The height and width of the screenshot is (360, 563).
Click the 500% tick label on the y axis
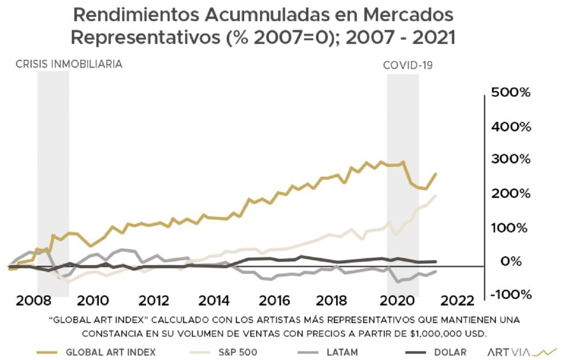coord(511,92)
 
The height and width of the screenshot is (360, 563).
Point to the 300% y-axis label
coord(511,159)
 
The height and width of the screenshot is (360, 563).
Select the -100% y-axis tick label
coord(510,295)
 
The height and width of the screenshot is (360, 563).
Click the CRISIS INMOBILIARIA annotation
coord(69,64)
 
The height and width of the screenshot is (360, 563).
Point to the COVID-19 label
coord(408,65)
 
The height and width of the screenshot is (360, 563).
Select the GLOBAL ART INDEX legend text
coord(110,352)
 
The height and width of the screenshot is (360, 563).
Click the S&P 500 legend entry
coord(238,352)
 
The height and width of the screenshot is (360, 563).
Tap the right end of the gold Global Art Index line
coord(435,174)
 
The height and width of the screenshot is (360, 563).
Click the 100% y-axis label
coord(511,227)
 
